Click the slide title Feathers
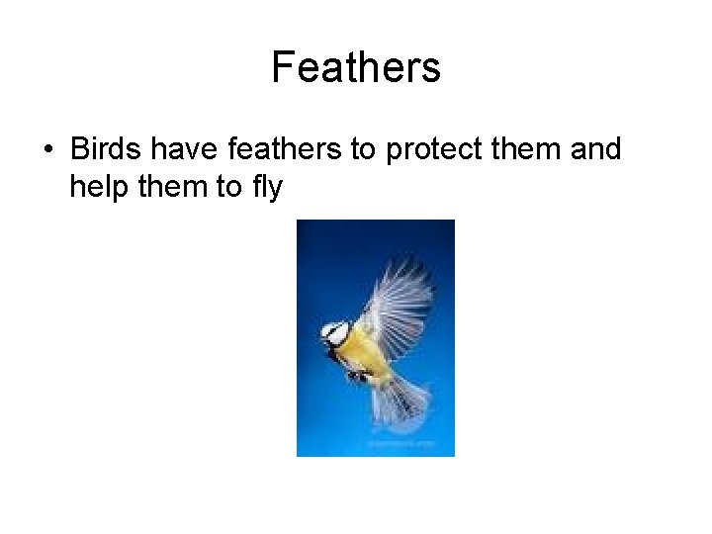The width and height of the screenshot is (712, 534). (x=356, y=68)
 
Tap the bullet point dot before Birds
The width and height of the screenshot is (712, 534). (x=47, y=151)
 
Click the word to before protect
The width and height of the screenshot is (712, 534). (x=365, y=150)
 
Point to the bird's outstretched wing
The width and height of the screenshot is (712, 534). (x=400, y=297)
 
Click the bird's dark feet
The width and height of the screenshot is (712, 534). (x=358, y=377)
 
